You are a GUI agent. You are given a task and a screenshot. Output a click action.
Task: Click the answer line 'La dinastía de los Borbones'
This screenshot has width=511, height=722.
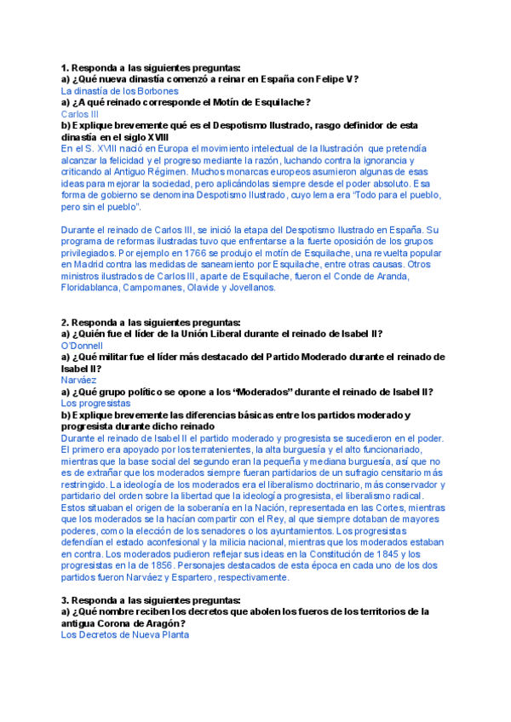(119, 90)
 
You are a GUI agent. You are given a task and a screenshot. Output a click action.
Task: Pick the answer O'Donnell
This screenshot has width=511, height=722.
(82, 346)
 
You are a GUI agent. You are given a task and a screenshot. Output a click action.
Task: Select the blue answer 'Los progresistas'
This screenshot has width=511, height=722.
(95, 403)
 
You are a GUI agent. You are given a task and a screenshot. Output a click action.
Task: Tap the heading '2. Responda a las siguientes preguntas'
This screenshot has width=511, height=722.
(151, 323)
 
